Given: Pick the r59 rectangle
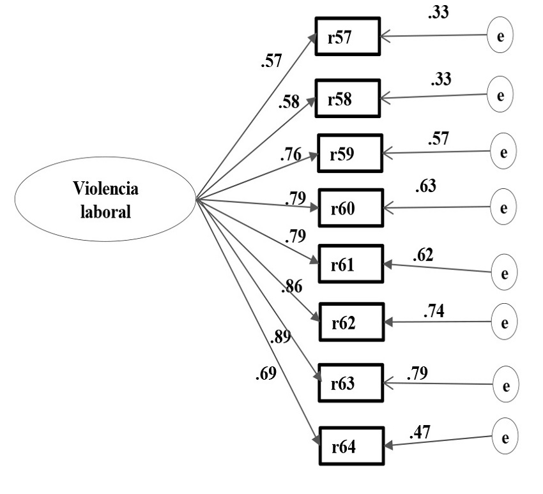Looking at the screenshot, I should (350, 154).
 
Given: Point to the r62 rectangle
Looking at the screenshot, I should (352, 322).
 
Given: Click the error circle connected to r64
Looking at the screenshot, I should (505, 438).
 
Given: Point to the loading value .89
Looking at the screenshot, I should (280, 338).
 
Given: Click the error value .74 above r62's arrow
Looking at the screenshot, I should (434, 312).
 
